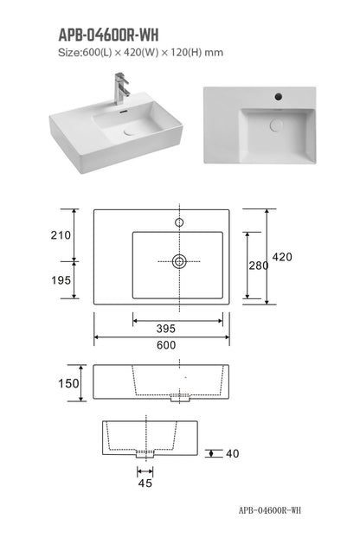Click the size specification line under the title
(140, 53)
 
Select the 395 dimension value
(180, 329)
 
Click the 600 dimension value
(166, 345)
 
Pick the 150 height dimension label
(69, 383)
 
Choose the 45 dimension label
(145, 484)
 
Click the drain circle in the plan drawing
(180, 260)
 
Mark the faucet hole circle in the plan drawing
(180, 222)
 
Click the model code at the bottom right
(270, 510)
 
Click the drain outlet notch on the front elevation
(180, 400)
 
